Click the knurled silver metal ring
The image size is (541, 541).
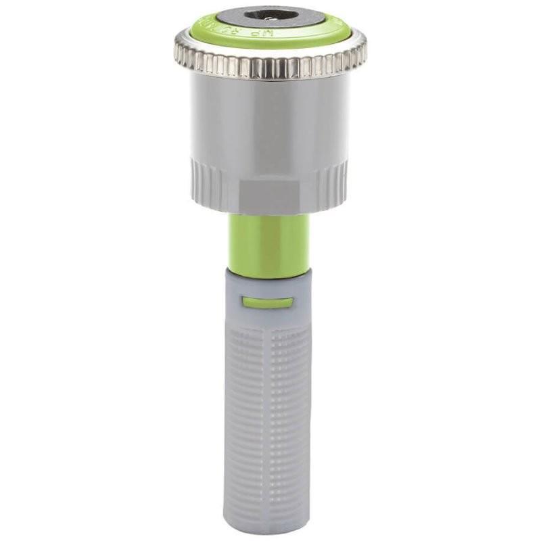pyautogui.click(x=270, y=64)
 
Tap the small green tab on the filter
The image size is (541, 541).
pyautogui.click(x=268, y=302)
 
